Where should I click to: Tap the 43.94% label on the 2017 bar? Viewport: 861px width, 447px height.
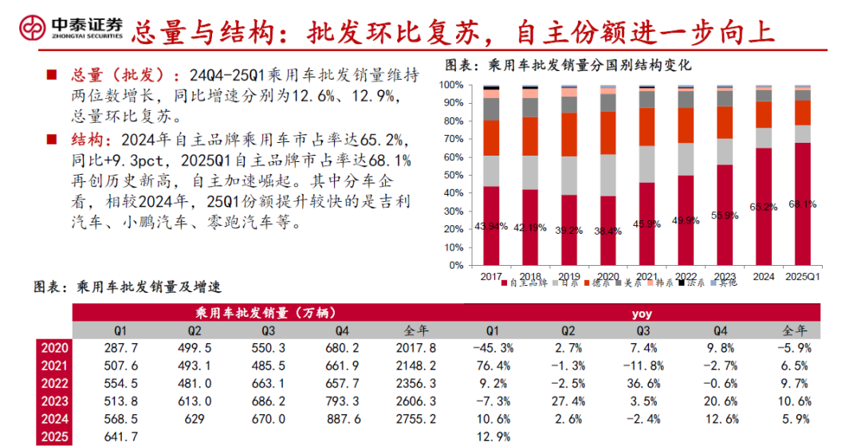pyautogui.click(x=491, y=226)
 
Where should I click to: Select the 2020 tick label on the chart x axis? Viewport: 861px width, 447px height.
pyautogui.click(x=607, y=277)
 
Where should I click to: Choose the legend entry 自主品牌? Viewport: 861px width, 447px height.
pyautogui.click(x=525, y=283)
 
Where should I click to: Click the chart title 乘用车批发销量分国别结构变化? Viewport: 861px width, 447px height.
pyautogui.click(x=567, y=65)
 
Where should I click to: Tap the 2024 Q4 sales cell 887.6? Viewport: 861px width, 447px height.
pyautogui.click(x=343, y=419)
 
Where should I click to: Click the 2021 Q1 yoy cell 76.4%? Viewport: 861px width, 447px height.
pyautogui.click(x=493, y=366)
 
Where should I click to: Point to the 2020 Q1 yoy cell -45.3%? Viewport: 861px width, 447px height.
pyautogui.click(x=492, y=348)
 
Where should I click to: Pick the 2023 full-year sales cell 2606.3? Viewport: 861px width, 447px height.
pyautogui.click(x=416, y=402)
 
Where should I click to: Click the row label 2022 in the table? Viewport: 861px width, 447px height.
pyautogui.click(x=53, y=383)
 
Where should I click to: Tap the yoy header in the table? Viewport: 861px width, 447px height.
pyautogui.click(x=642, y=313)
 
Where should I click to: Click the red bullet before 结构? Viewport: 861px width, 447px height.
pyautogui.click(x=51, y=138)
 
